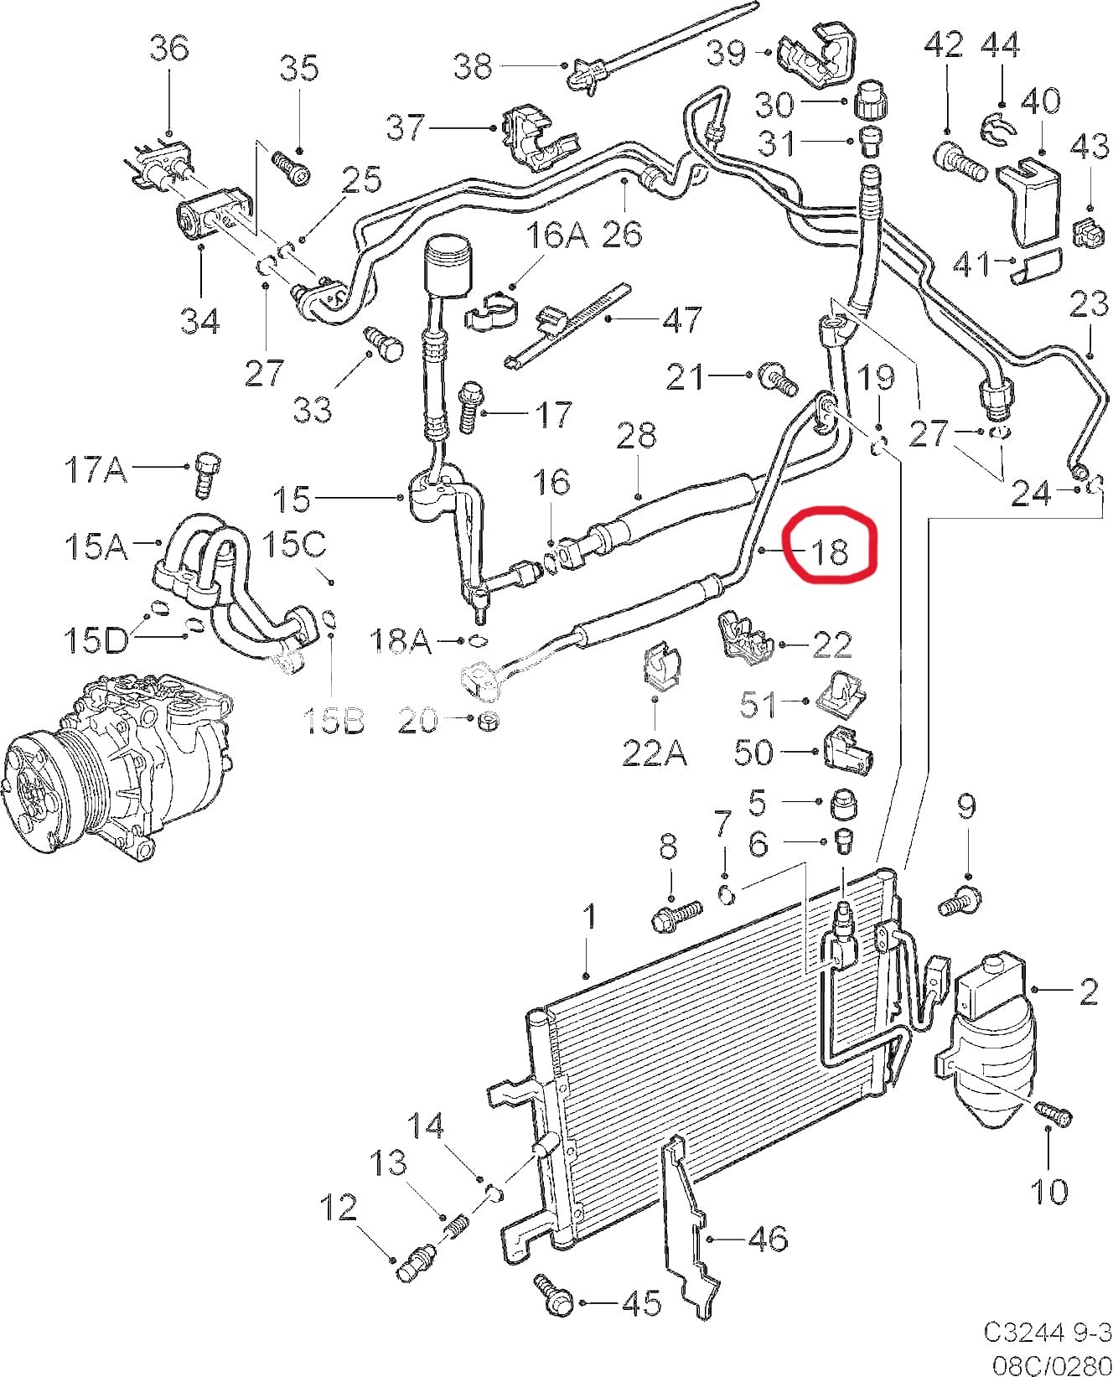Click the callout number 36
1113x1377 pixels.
(168, 48)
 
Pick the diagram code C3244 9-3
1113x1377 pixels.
(1047, 1332)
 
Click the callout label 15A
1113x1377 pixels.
(95, 546)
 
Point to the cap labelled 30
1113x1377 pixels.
(867, 102)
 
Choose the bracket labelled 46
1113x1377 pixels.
(691, 1232)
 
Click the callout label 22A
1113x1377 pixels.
(655, 753)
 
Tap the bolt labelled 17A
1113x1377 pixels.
(204, 474)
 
